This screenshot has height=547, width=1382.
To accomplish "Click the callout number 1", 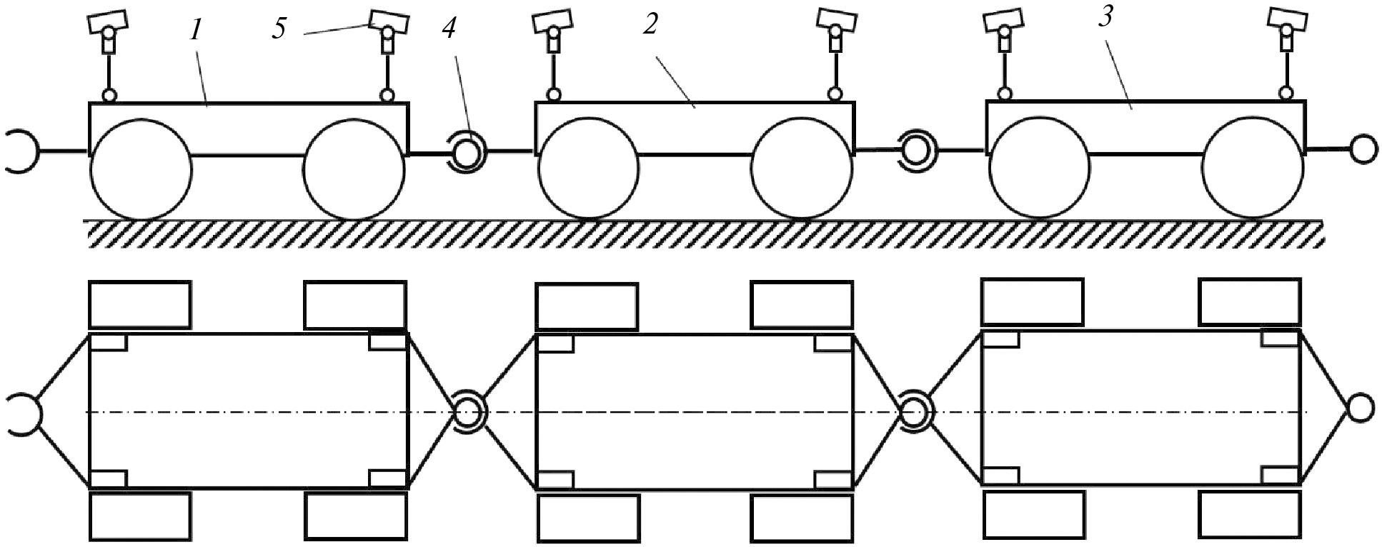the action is pos(194,30).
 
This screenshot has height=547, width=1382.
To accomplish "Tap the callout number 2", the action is pos(650,25).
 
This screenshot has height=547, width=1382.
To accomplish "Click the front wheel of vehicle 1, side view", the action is pos(140,169).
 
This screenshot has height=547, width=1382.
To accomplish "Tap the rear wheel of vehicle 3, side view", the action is pos(1252,168).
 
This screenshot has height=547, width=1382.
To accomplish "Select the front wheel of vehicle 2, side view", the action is pos(588,169).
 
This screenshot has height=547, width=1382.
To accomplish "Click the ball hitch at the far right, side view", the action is pos(1362,149).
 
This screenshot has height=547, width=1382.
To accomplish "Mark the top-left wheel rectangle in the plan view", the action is pos(140,305).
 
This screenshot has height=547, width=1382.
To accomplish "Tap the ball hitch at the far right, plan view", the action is pos(1360,408).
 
